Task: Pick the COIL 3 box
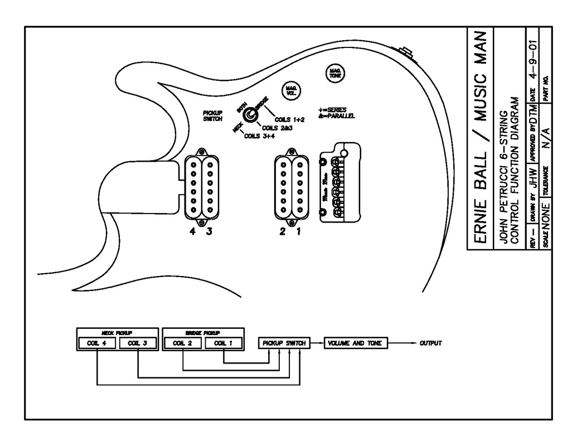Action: (137, 343)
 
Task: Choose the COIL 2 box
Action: (183, 343)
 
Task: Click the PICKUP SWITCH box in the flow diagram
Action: (283, 343)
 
